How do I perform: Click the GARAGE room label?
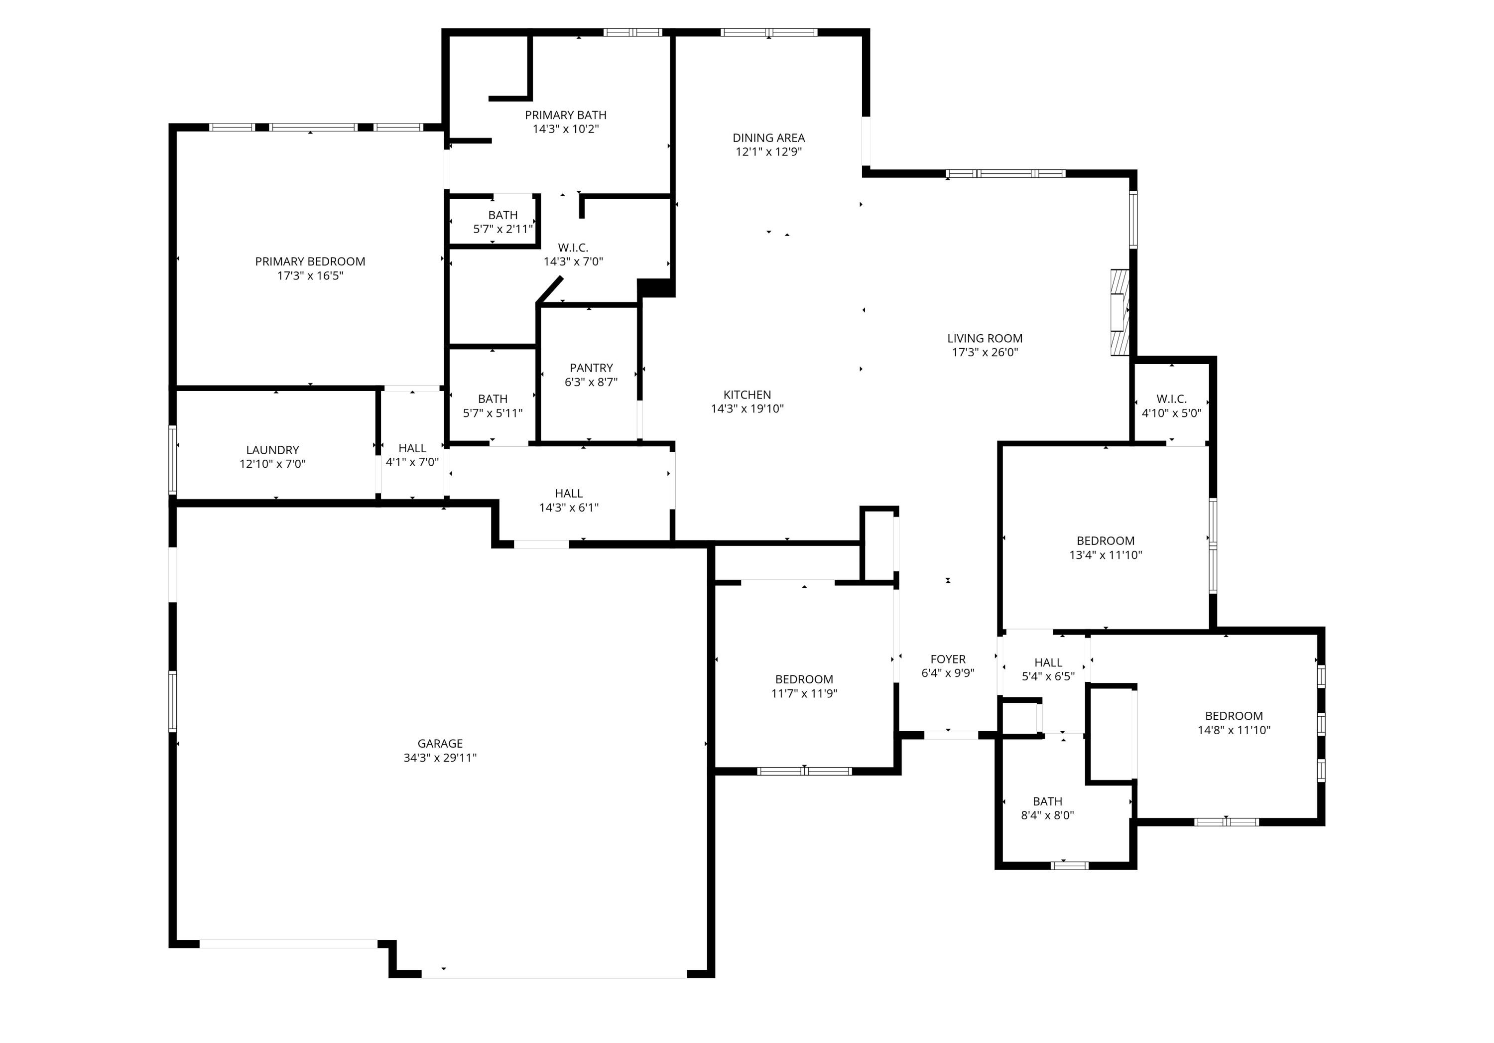tap(440, 743)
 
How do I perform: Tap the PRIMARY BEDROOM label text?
tap(310, 261)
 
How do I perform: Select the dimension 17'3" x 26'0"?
tap(985, 353)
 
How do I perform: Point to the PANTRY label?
tap(591, 368)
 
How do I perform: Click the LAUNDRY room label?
tap(272, 450)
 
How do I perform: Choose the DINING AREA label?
tap(768, 138)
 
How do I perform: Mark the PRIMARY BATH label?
tap(565, 115)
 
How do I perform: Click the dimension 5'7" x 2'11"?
tap(503, 229)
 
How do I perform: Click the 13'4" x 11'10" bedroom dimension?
tap(1106, 555)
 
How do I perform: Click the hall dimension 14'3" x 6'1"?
tap(569, 508)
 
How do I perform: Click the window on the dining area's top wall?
tap(768, 32)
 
